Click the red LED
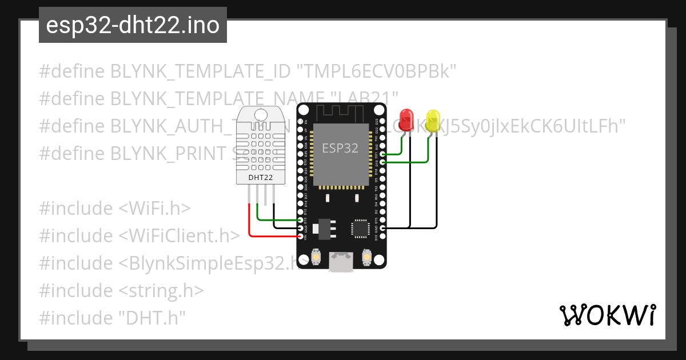406,120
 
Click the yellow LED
432,120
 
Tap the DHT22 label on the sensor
260,178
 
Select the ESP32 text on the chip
340,148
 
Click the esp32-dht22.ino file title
133,26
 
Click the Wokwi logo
607,315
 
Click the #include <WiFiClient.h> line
139,235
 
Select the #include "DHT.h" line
113,318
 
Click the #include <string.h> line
121,290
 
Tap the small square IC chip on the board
360,227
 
